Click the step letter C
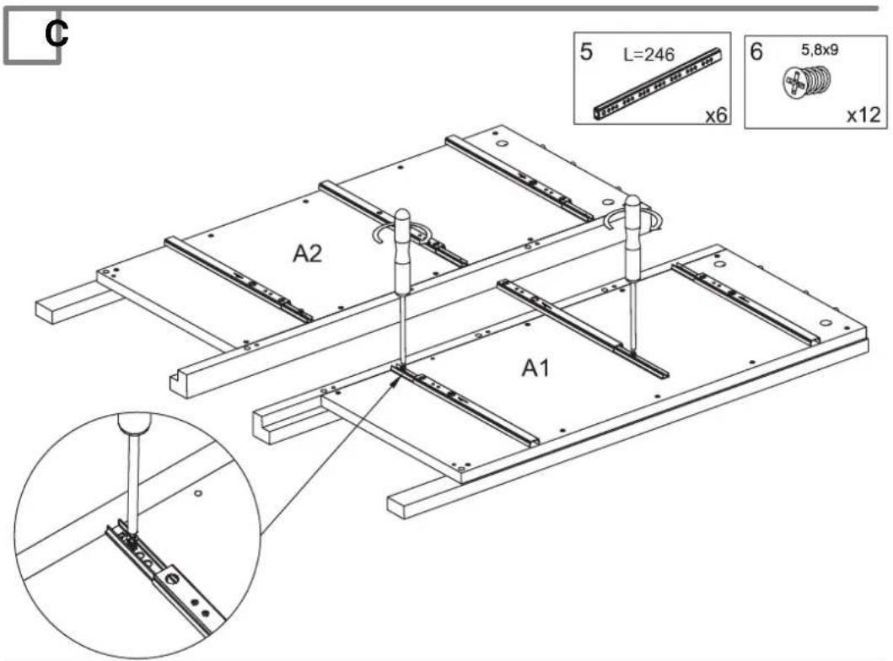pos(56,34)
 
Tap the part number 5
pos(586,51)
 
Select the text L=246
pos(648,55)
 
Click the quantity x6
pos(716,115)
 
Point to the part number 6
pos(756,51)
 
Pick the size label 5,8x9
pos(820,50)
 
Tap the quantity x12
pos(863,115)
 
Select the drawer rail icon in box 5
pos(659,85)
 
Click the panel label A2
pos(308,253)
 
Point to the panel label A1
pos(536,368)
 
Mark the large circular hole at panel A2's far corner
pos(503,143)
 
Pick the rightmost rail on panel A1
pos(746,304)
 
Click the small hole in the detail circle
pos(198,492)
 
